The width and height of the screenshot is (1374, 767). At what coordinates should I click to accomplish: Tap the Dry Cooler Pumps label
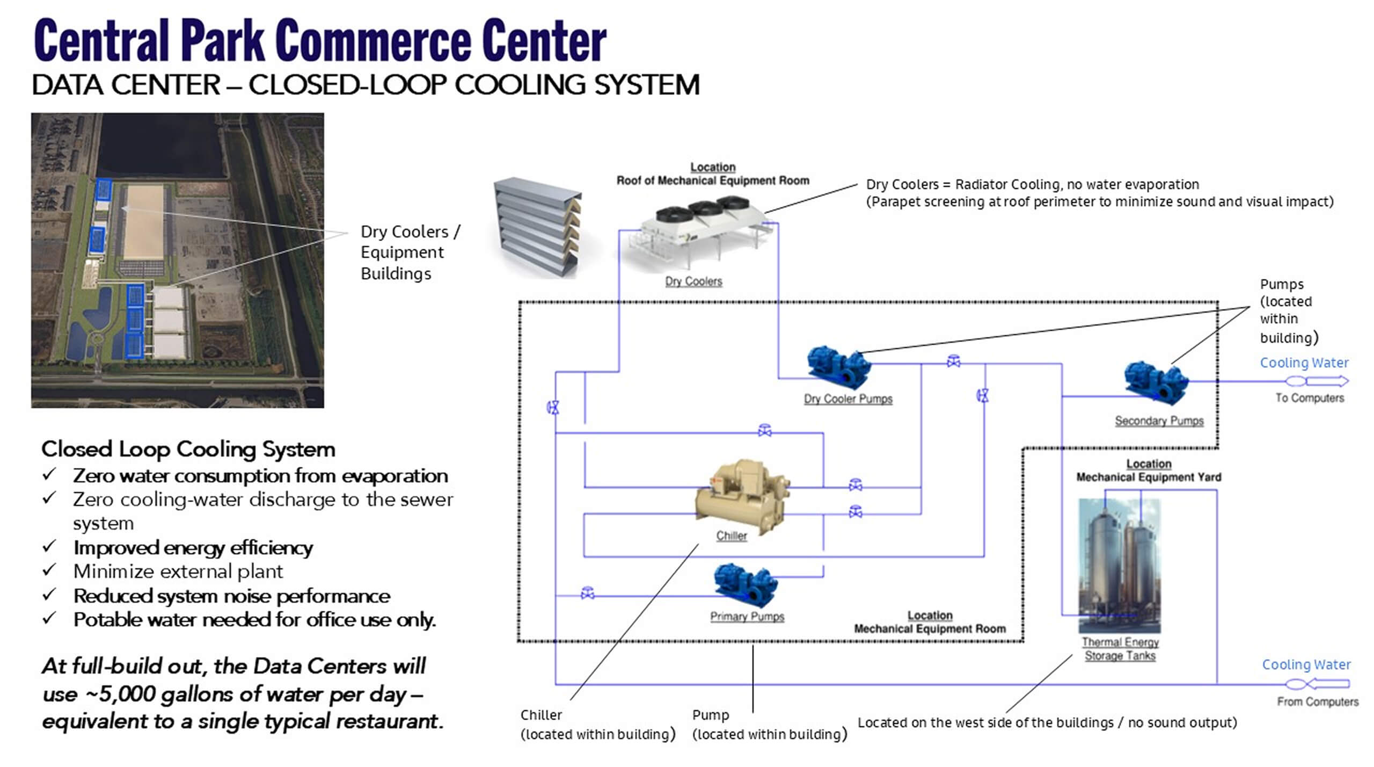[x=848, y=399]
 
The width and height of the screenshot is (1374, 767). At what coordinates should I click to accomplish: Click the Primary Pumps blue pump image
[x=746, y=584]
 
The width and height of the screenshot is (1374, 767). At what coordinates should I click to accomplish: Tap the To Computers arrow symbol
[x=1317, y=381]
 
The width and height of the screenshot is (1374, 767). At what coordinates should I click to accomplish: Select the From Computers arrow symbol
[x=1317, y=684]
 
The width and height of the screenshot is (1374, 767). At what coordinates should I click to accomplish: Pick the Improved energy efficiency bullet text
[x=193, y=548]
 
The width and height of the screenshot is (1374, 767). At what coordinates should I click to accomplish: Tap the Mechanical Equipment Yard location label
[x=1149, y=477]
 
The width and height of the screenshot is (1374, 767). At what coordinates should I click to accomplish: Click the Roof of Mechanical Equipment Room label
[x=713, y=180]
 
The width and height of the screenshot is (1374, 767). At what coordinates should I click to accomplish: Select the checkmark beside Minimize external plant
[x=49, y=570]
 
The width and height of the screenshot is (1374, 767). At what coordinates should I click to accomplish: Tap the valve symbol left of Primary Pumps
[x=588, y=593]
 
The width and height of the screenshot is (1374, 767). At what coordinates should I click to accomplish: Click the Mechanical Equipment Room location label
[x=930, y=628]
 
